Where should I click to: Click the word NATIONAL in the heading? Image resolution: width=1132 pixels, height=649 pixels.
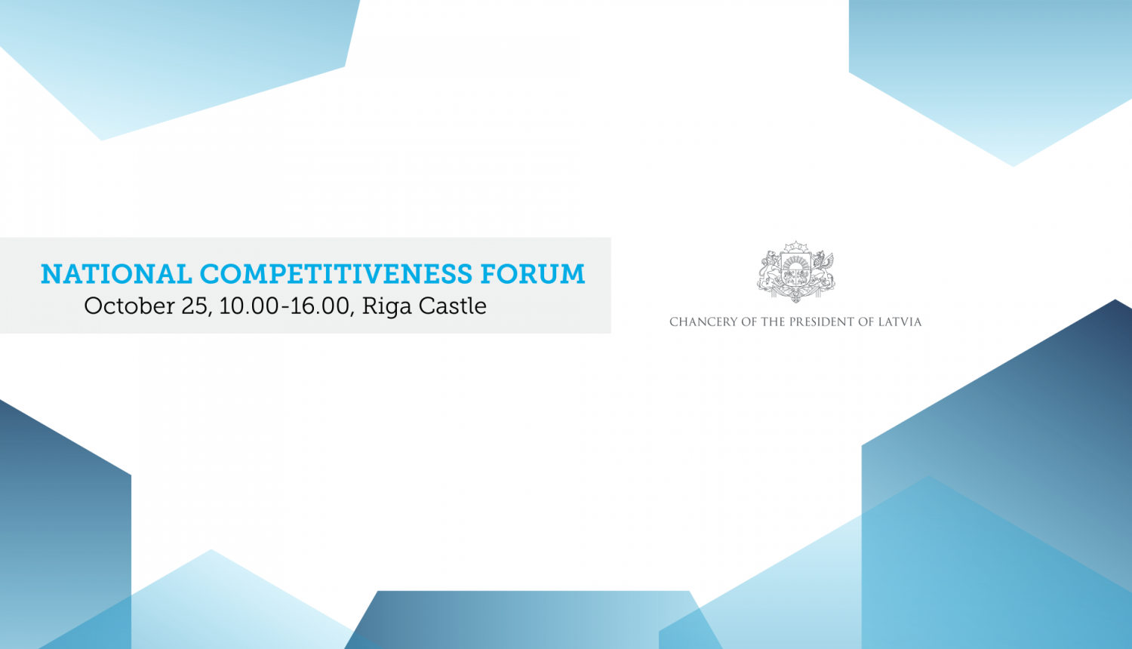pos(116,274)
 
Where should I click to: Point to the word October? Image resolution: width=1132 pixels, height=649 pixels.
pos(129,306)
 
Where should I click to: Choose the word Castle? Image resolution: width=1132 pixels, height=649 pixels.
pos(453,306)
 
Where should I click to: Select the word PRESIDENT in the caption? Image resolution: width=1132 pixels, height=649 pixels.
pos(822,322)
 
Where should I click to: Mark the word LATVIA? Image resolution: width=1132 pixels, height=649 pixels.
pos(900,322)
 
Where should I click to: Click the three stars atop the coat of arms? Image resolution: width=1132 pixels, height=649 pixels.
pos(795,247)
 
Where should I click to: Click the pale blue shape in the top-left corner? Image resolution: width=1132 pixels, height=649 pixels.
pos(174,60)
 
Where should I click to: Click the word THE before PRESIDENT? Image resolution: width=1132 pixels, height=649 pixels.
pos(773,322)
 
